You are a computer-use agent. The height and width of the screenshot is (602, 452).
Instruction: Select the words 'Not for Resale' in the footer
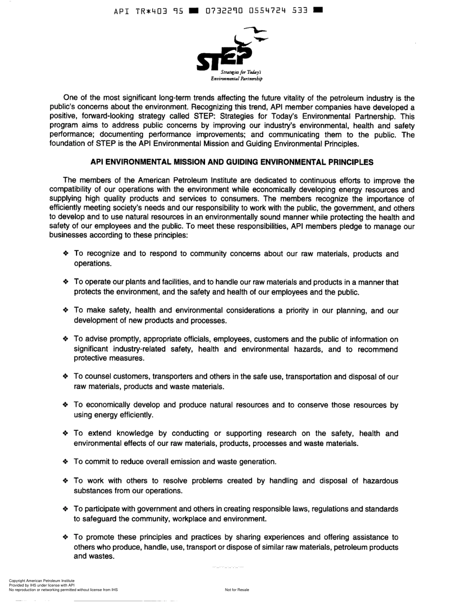(237, 590)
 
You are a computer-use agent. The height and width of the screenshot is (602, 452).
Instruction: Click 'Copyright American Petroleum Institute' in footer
(42, 581)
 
